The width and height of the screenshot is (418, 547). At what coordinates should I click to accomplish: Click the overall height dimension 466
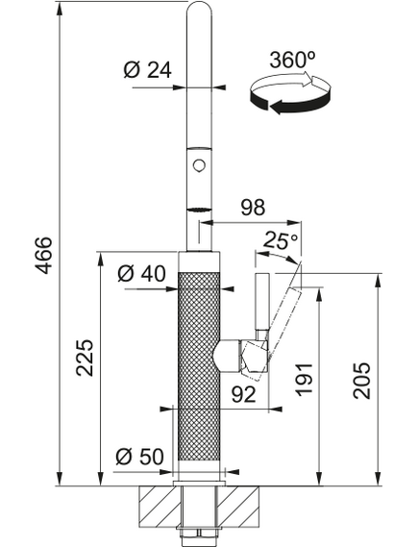pos(43,256)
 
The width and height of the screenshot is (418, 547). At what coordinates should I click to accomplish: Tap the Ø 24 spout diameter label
pos(148,70)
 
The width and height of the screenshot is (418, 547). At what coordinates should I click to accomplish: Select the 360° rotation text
pos(292,60)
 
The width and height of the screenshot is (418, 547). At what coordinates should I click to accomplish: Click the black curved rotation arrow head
pos(277,107)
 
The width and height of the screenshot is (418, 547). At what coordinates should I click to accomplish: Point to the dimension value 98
pos(253,208)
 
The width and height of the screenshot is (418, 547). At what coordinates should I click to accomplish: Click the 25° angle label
pos(281,240)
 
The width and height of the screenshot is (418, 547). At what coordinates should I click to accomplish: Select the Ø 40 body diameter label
pos(141,273)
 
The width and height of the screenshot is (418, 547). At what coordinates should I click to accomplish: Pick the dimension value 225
pos(85,358)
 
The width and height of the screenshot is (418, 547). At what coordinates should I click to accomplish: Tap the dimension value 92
pos(244,394)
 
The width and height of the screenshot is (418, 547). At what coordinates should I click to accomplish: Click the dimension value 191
pos(304,381)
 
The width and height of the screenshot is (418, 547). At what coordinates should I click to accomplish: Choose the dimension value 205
pos(361,381)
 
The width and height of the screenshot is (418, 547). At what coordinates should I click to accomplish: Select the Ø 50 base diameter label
pos(139,457)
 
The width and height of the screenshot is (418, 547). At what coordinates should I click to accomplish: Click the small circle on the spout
pos(199,164)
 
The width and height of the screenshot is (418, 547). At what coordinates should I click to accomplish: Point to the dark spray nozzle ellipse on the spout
pos(200,210)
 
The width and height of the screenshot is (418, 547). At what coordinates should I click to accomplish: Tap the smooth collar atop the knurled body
pos(199,261)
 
